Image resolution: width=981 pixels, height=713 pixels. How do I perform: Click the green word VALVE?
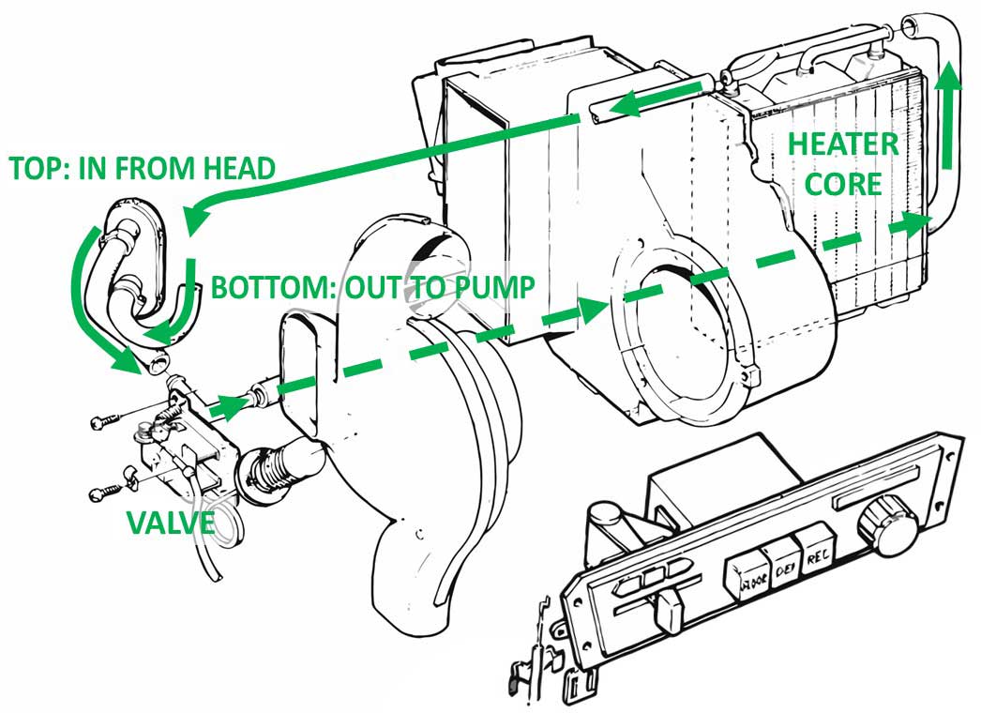(171, 523)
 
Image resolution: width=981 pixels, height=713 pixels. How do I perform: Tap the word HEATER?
(843, 145)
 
